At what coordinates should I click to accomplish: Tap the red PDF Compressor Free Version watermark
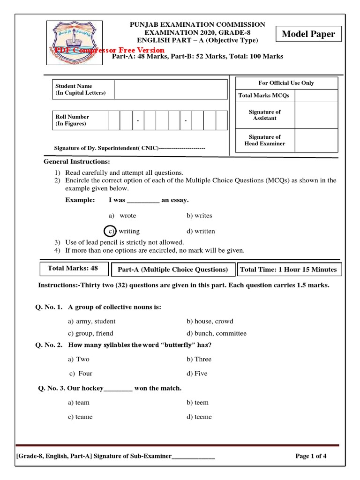pos(106,50)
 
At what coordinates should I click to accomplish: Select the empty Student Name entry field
pos(171,89)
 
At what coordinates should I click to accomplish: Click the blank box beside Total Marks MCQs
pos(316,96)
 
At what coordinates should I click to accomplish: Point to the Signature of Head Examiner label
pos(264,140)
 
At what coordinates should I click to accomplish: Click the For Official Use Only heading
pos(286,83)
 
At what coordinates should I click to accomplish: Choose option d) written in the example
pos(201,231)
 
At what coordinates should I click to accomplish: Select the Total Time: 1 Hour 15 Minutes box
pos(288,270)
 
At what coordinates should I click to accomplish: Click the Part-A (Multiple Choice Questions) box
pos(172,270)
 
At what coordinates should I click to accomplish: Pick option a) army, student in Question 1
pos(91,321)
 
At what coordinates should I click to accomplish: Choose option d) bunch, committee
pos(216,333)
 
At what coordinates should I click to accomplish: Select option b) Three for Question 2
pos(199,359)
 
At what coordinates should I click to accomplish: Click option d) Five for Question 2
pos(197,374)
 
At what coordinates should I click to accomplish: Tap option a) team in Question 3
pos(79,402)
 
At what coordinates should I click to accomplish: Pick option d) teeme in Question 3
pos(199,417)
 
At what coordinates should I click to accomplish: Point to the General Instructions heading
pos(77,162)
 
